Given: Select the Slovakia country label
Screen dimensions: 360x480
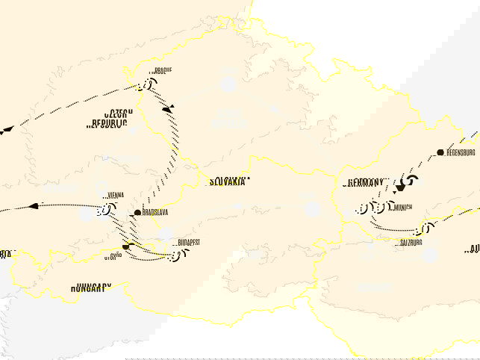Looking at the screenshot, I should pyautogui.click(x=228, y=181).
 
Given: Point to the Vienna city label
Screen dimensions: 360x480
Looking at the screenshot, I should pyautogui.click(x=114, y=196).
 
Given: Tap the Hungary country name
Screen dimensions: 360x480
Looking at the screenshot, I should pyautogui.click(x=91, y=287).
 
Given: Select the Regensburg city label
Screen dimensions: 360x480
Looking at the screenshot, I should pyautogui.click(x=461, y=152).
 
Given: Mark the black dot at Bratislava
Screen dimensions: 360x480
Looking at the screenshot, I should pyautogui.click(x=137, y=214).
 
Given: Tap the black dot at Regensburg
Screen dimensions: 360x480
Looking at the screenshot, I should pyautogui.click(x=440, y=152).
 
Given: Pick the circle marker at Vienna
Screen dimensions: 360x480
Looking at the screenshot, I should pyautogui.click(x=103, y=210).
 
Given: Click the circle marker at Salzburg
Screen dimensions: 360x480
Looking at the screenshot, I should pyautogui.click(x=426, y=228).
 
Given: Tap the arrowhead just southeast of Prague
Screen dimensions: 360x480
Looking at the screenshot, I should pyautogui.click(x=168, y=109).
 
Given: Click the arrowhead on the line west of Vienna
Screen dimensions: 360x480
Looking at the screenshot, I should pyautogui.click(x=33, y=205).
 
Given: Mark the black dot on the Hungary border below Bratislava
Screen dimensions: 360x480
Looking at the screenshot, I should pyautogui.click(x=126, y=246).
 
